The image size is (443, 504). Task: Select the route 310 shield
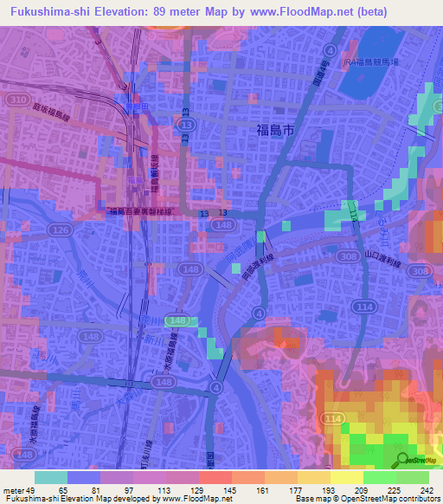click(x=15, y=101)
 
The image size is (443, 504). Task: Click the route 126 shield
click(x=60, y=229)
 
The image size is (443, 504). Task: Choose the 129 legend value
click(x=207, y=490)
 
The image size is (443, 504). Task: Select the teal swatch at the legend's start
click(x=51, y=477)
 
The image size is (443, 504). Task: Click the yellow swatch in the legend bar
click(x=346, y=477)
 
